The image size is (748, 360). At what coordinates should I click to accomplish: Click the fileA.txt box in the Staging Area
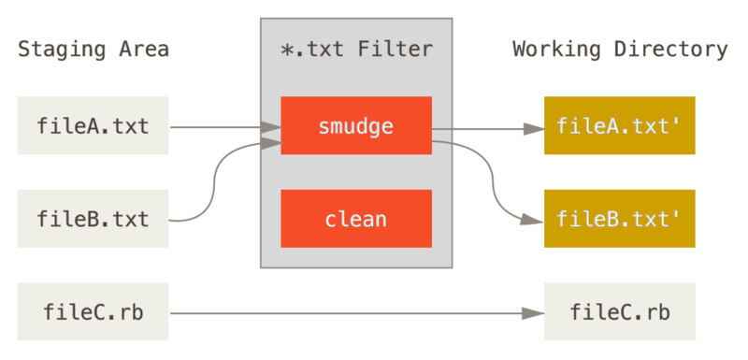point(93,125)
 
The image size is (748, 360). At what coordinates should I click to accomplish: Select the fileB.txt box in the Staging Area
point(93,219)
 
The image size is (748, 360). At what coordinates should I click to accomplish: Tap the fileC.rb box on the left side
point(93,311)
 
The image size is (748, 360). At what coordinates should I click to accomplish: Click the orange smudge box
point(356,126)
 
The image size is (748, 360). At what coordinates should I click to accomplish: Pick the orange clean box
point(356,219)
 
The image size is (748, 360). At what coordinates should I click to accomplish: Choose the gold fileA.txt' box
point(618,125)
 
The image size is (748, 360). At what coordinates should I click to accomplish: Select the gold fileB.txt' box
point(618,219)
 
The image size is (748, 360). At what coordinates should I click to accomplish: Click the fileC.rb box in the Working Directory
point(618,311)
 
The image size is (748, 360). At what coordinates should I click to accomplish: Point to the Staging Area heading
point(93,50)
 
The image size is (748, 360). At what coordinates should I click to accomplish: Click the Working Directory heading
point(620,50)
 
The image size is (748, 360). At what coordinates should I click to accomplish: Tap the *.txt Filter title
point(356,50)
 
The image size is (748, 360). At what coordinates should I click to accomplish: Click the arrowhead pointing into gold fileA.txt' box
point(534,128)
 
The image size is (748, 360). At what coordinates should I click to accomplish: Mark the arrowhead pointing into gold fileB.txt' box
point(534,221)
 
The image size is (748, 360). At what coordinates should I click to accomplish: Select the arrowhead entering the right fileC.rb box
point(534,313)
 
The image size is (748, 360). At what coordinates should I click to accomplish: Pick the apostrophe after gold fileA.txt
point(675,121)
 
